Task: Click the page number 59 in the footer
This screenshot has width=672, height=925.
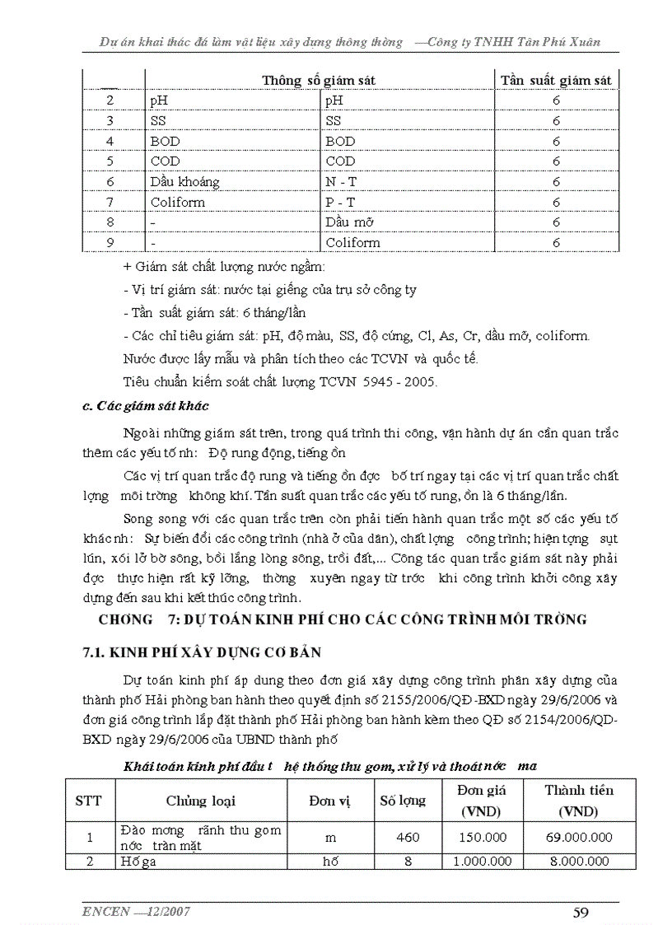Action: click(579, 912)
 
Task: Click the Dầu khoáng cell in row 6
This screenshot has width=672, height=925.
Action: click(185, 182)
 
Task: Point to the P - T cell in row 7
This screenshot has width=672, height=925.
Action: click(340, 202)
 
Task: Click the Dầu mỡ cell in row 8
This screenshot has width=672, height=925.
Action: click(349, 222)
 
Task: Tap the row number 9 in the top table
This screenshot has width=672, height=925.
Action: click(110, 242)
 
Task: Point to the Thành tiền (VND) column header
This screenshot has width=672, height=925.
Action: click(578, 800)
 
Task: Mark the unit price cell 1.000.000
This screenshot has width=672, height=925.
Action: click(482, 861)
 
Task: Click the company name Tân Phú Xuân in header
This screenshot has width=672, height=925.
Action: click(557, 41)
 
